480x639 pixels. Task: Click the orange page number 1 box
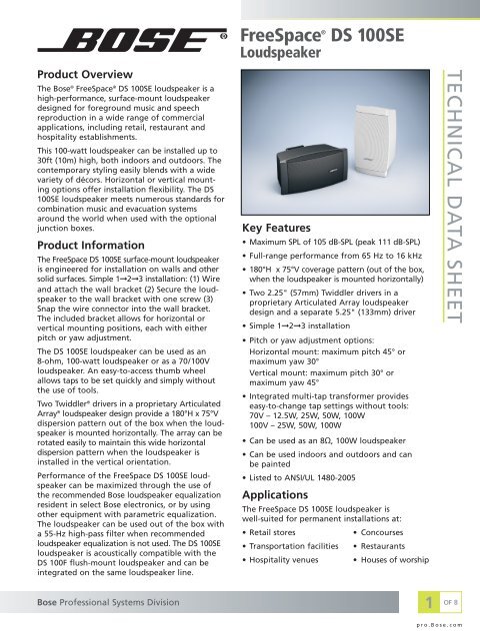click(428, 601)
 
